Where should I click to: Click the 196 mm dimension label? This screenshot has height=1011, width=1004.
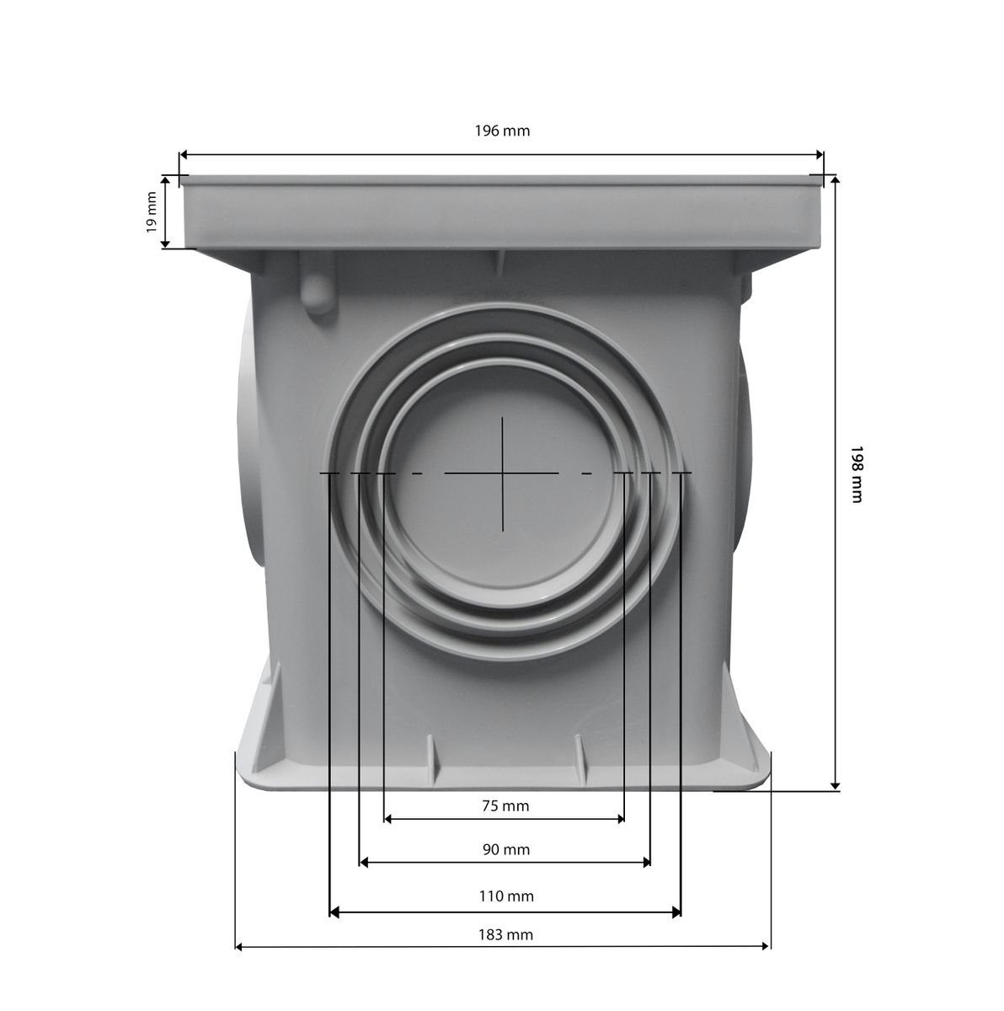coord(503,131)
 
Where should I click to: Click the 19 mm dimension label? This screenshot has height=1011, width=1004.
coord(151,212)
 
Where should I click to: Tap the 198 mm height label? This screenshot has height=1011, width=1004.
coord(856,474)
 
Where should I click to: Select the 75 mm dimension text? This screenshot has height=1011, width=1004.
coord(505,805)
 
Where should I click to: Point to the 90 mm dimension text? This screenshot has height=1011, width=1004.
coord(505,849)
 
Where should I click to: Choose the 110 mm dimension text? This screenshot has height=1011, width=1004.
coord(505,896)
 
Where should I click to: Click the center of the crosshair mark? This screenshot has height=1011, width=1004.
coord(501,473)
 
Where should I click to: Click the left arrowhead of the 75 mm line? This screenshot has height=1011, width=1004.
coord(388,818)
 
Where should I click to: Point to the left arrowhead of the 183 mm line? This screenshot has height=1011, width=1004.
coord(239,948)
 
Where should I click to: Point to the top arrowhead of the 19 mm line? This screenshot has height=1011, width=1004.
coord(166,180)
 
